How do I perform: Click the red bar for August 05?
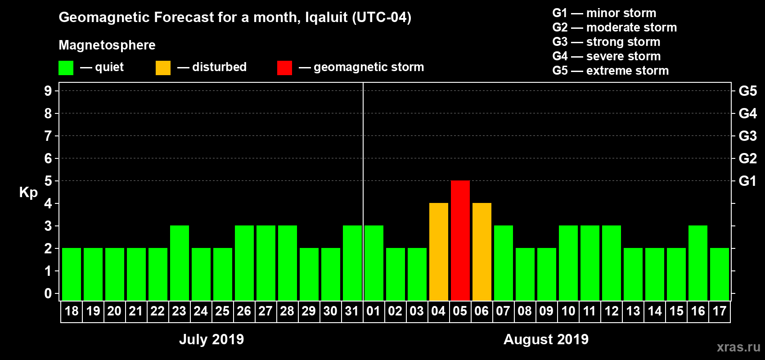pyautogui.click(x=460, y=240)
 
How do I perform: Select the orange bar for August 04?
pyautogui.click(x=438, y=252)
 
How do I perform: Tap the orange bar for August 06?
pyautogui.click(x=481, y=252)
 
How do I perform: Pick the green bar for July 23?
pyautogui.click(x=179, y=263)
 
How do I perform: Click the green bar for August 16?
pyautogui.click(x=697, y=263)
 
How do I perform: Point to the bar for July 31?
pyautogui.click(x=352, y=263)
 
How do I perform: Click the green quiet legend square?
pyautogui.click(x=66, y=68)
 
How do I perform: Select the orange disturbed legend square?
pyautogui.click(x=163, y=68)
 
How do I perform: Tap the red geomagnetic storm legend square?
pyautogui.click(x=284, y=68)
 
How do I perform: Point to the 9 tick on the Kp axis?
pyautogui.click(x=48, y=91)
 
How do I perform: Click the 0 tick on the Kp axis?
pyautogui.click(x=48, y=294)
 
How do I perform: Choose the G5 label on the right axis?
pyautogui.click(x=747, y=91)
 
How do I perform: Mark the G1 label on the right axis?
pyautogui.click(x=747, y=181)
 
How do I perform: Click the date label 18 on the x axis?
pyautogui.click(x=72, y=311)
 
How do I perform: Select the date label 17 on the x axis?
pyautogui.click(x=719, y=311)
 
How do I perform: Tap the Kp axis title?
pyautogui.click(x=28, y=193)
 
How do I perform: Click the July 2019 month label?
pyautogui.click(x=211, y=339)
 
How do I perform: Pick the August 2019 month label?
pyautogui.click(x=546, y=339)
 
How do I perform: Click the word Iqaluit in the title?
pyautogui.click(x=326, y=18)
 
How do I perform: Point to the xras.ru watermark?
pyautogui.click(x=738, y=347)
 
